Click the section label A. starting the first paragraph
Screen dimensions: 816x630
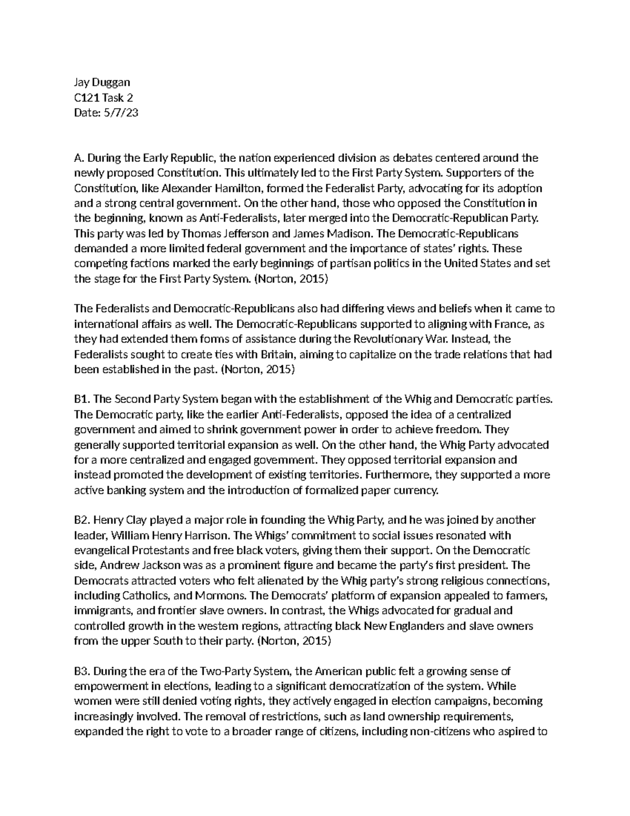point(79,158)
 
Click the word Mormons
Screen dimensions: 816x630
point(220,596)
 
